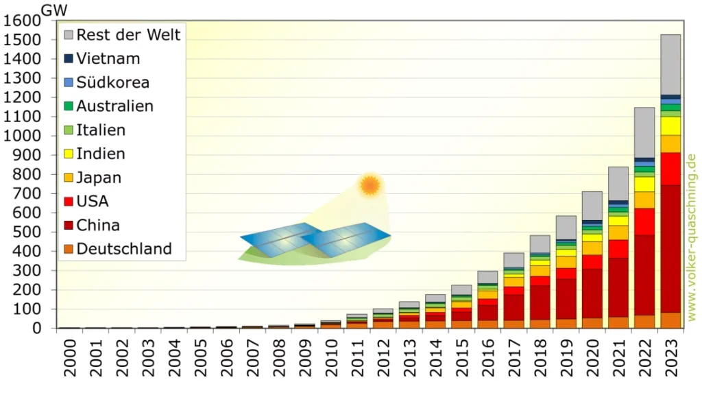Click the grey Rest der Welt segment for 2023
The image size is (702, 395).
[670, 64]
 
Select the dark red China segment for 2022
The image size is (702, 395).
[644, 275]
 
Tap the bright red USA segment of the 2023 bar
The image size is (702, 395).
[670, 169]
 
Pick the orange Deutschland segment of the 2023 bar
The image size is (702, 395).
[670, 320]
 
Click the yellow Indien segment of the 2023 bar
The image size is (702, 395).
[670, 126]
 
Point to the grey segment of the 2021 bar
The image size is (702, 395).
[618, 184]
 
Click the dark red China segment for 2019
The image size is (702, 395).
[566, 299]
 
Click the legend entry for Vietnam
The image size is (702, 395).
[102, 59]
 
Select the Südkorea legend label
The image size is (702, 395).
[113, 82]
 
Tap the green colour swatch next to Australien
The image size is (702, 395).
[69, 106]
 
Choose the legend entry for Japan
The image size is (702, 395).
[93, 178]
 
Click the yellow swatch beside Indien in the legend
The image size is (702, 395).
[69, 154]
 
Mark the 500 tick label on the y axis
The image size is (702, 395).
[27, 232]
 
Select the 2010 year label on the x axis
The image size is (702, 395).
[331, 357]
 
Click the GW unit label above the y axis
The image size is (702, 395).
[54, 10]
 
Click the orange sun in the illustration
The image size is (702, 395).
[370, 185]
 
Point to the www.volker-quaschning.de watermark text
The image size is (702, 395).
[692, 237]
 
